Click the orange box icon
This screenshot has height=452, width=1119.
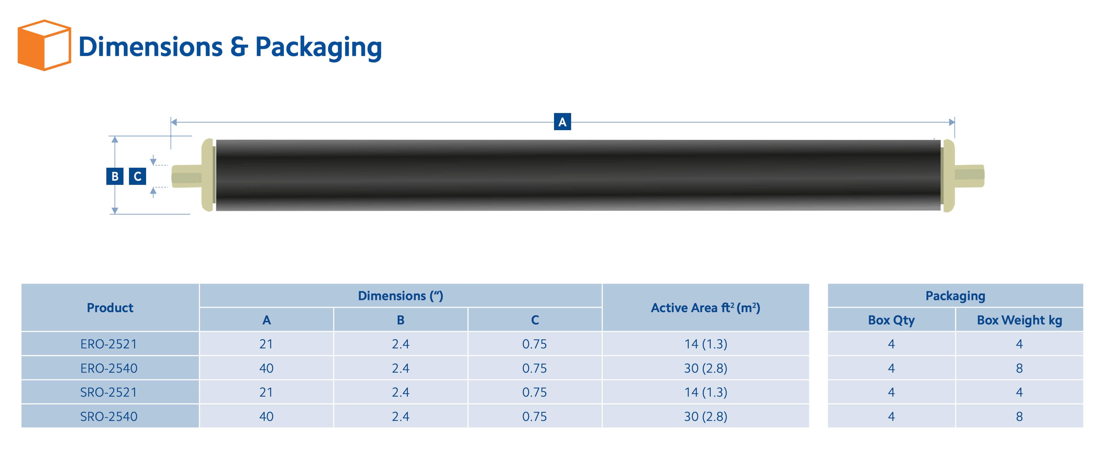coord(44,45)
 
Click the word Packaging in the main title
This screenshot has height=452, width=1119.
coord(318,47)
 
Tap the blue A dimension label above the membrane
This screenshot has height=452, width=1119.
coord(562,122)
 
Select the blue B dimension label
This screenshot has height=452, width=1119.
coord(115,176)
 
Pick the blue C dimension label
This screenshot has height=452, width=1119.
coord(137,176)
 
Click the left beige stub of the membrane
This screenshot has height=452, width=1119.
coord(187,176)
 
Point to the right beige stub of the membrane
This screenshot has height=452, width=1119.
coord(970,175)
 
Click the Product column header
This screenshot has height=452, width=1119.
coord(110,308)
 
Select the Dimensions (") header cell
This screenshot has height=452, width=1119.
coord(400,296)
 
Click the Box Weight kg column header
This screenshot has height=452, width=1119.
coord(1019,320)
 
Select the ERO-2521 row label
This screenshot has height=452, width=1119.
coord(109,344)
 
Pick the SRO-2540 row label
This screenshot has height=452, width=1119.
coord(109,416)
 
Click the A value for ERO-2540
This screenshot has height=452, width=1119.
coord(266,368)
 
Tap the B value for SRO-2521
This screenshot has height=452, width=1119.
coord(400,392)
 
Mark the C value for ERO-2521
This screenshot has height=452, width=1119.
coord(534,344)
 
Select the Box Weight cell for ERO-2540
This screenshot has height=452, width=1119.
coord(1019,368)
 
